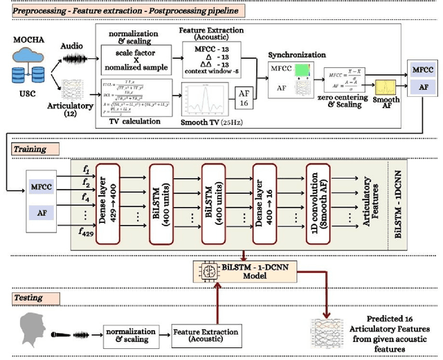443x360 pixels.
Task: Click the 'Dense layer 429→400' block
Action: pyautogui.click(x=112, y=205)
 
